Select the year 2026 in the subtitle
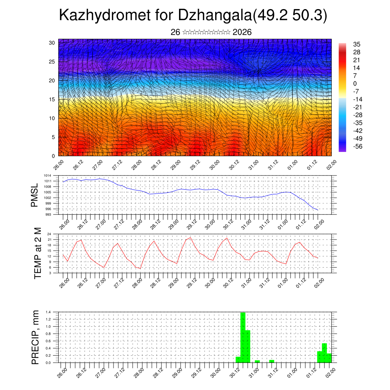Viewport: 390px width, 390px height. [242, 32]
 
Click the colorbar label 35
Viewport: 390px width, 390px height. [357, 45]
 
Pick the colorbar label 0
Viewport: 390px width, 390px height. [355, 83]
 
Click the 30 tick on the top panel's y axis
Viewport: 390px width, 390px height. [52, 43]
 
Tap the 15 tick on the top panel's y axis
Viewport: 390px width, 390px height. [52, 99]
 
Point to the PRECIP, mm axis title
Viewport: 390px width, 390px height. [35, 337]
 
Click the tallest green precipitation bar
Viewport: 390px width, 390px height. [243, 337]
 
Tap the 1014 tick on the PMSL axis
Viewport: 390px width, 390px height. [48, 176]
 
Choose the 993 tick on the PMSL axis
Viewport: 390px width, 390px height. [48, 214]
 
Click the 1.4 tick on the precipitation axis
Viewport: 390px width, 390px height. [48, 312]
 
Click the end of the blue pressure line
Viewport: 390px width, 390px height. [318, 210]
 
